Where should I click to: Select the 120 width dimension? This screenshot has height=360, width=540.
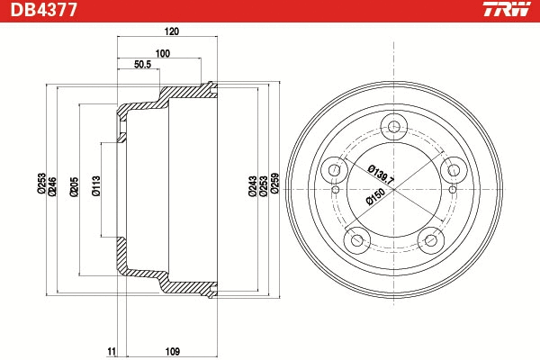pyautogui.click(x=172, y=31)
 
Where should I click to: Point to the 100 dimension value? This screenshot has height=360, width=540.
pyautogui.click(x=162, y=54)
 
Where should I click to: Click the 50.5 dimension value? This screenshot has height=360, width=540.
pyautogui.click(x=142, y=65)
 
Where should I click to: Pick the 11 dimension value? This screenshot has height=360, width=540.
pyautogui.click(x=111, y=350)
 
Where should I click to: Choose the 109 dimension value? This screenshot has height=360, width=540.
pyautogui.click(x=174, y=350)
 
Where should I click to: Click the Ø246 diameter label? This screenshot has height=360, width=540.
pyautogui.click(x=53, y=185)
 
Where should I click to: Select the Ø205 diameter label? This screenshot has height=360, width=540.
pyautogui.click(x=75, y=185)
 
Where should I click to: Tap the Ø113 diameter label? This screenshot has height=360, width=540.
pyautogui.click(x=96, y=185)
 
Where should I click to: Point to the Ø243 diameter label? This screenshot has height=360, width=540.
pyautogui.click(x=251, y=185)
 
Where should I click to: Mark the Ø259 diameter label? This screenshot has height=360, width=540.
pyautogui.click(x=274, y=185)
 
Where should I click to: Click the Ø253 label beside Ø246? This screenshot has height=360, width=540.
pyautogui.click(x=41, y=185)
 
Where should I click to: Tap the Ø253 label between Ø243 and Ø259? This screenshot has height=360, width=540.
pyautogui.click(x=263, y=185)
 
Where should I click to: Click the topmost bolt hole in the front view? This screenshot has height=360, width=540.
pyautogui.click(x=393, y=127)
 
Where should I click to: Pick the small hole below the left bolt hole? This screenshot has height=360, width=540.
pyautogui.click(x=335, y=190)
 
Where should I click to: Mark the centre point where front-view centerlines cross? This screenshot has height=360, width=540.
pyautogui.click(x=394, y=187)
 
